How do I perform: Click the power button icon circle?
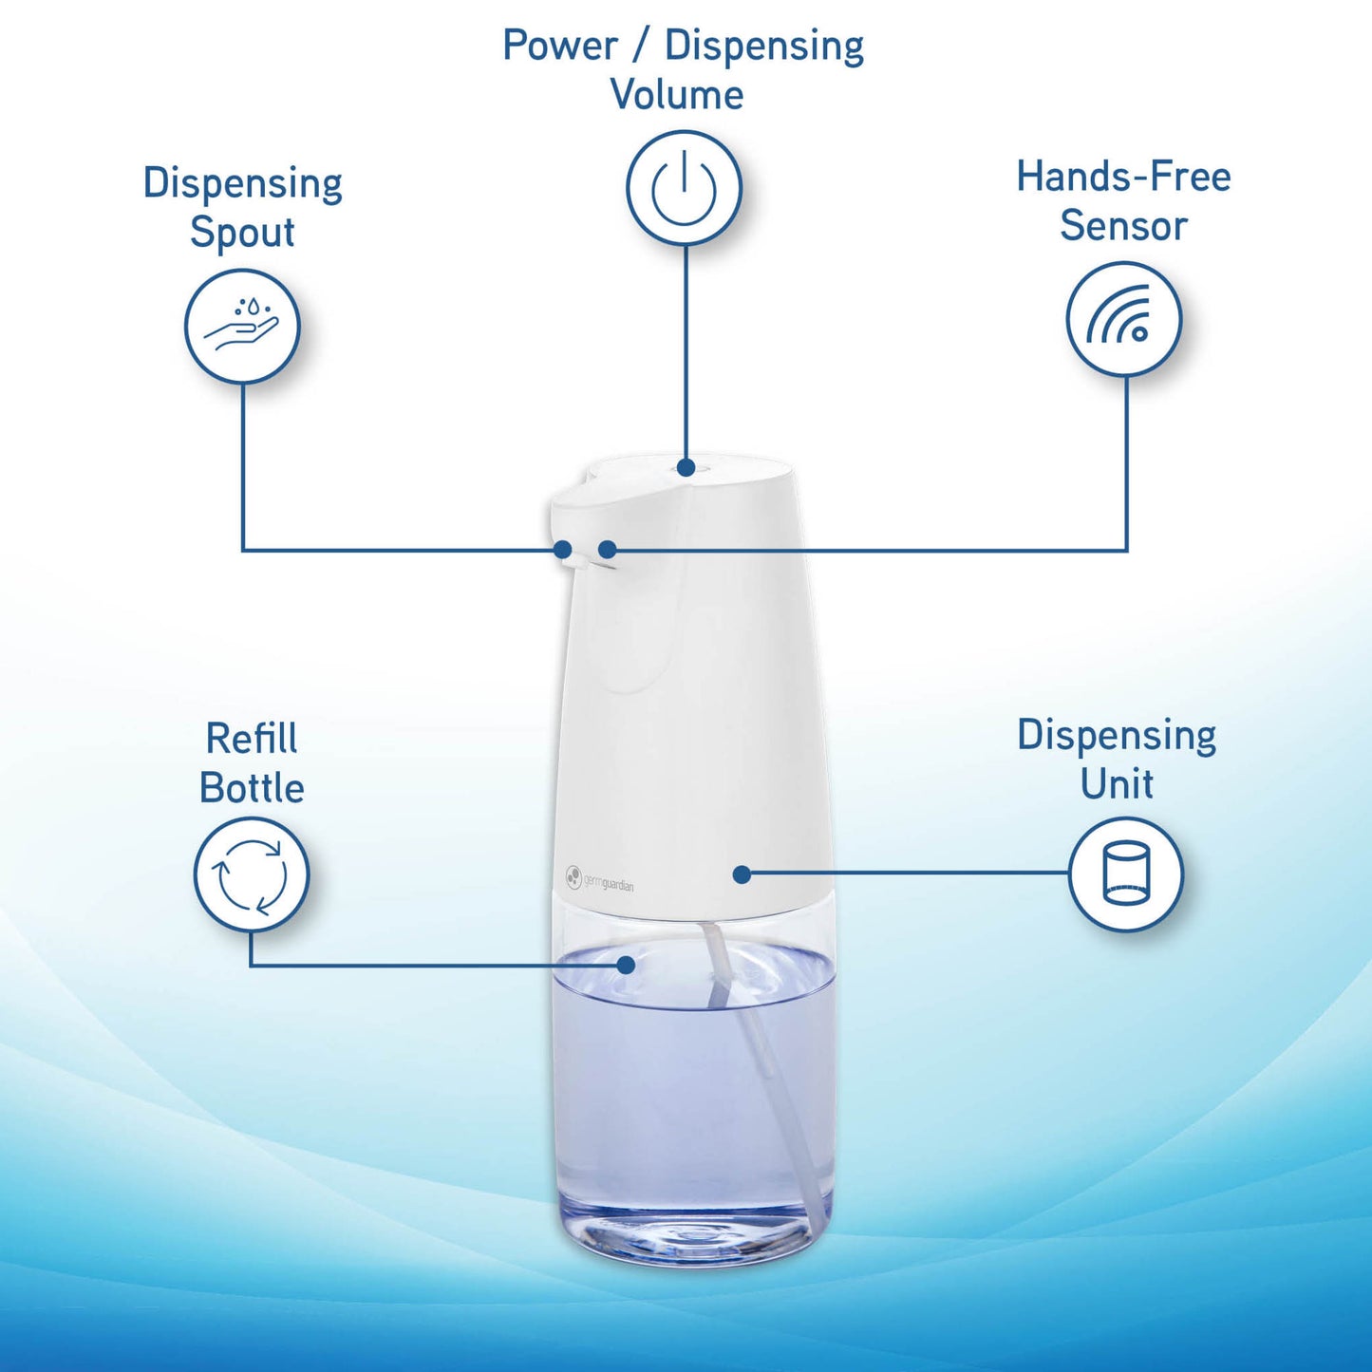click(x=684, y=188)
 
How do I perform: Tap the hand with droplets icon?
click(x=242, y=327)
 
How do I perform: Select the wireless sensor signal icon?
click(x=1124, y=319)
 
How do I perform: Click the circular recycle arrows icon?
click(x=252, y=874)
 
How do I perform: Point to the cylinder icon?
click(x=1126, y=874)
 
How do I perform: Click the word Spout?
click(x=242, y=233)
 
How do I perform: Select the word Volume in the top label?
click(x=677, y=95)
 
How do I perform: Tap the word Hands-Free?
click(x=1123, y=177)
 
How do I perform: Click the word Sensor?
click(x=1124, y=226)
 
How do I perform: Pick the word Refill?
click(x=252, y=739)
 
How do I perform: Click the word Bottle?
click(x=252, y=788)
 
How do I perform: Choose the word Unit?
click(x=1117, y=784)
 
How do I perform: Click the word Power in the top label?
click(x=560, y=46)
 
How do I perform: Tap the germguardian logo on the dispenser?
click(x=599, y=878)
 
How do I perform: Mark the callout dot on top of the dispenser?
click(x=686, y=467)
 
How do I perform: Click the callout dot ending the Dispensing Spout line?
click(x=563, y=549)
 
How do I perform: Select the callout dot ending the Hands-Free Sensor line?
click(x=608, y=549)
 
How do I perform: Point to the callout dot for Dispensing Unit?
click(x=742, y=874)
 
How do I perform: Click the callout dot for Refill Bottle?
click(x=626, y=965)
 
